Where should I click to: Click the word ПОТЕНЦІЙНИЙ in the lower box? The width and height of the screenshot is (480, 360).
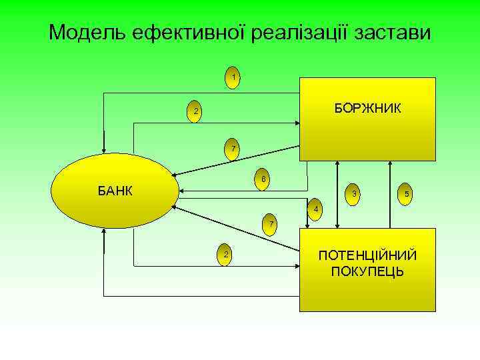pos(367,256)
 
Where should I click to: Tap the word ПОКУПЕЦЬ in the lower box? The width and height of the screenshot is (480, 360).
pos(367,271)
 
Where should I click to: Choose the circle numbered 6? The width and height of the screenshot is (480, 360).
pos(263,179)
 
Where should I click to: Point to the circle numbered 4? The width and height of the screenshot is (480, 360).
pos(317,211)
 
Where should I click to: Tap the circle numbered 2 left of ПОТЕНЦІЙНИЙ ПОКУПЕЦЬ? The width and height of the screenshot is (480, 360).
pos(227,255)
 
